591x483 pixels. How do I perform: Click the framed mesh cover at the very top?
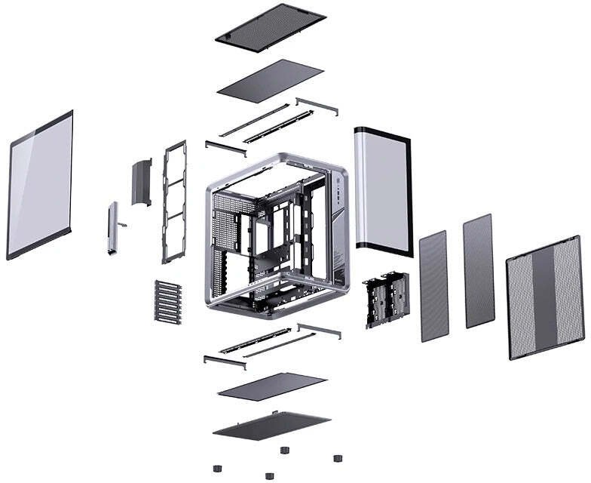tap(270, 27)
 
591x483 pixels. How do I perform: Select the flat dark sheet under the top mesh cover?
tap(270, 80)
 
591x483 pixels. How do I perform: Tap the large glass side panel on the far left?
tap(40, 185)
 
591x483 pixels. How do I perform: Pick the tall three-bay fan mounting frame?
tap(174, 202)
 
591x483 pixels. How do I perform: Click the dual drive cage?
tap(385, 299)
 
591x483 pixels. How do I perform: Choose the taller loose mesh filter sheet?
tap(478, 270)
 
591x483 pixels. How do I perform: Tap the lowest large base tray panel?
tap(271, 425)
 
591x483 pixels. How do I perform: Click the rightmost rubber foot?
tap(336, 457)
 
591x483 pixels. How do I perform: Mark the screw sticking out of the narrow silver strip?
tap(123, 225)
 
